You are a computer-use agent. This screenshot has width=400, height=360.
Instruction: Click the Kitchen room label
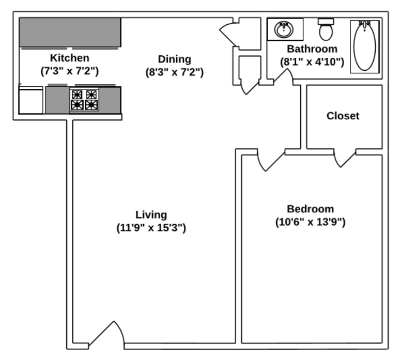tap(69, 58)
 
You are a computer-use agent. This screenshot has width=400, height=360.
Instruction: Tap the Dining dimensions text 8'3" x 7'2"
tap(174, 72)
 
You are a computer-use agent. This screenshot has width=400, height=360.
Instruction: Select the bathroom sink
tap(284, 29)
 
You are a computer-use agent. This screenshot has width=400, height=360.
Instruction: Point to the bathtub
tap(364, 45)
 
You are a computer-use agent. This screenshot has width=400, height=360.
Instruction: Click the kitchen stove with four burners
tap(85, 100)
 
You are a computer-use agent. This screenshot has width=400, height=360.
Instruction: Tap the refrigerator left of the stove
tap(31, 100)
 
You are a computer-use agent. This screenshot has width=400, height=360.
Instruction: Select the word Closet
tap(343, 116)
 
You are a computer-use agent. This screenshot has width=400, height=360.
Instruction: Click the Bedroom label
tap(310, 209)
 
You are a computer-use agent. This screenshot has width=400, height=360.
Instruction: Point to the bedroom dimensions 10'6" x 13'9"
tap(310, 223)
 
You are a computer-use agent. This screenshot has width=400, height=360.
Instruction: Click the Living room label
tap(151, 214)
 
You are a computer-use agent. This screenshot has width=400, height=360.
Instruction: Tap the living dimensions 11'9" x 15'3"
tap(151, 228)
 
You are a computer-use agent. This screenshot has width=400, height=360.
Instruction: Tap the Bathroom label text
tap(312, 49)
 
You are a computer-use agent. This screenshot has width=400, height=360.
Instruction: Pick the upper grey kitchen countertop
tap(70, 32)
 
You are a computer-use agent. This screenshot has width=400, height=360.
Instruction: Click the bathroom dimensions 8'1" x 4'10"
tap(312, 62)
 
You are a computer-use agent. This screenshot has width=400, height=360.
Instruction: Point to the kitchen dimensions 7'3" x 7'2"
tap(69, 71)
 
